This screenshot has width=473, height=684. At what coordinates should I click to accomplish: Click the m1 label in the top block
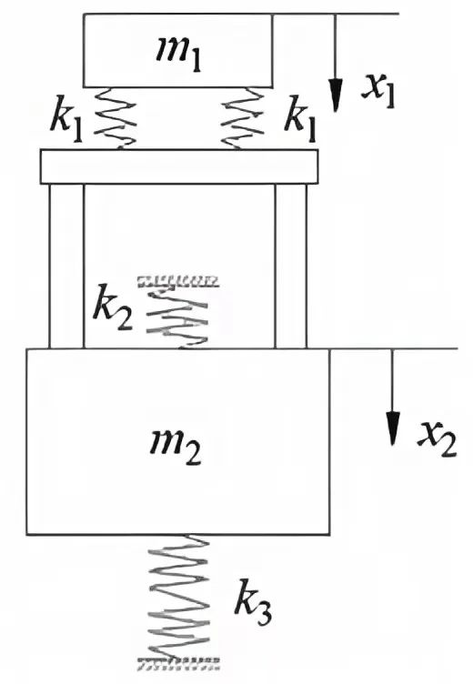(179, 55)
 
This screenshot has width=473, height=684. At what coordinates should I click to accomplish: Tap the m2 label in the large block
(176, 448)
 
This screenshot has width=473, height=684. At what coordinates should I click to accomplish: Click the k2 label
(113, 307)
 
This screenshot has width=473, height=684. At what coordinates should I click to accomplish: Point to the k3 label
(253, 602)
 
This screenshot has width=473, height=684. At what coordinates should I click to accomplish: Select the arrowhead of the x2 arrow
(393, 428)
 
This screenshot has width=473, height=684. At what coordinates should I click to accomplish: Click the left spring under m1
(116, 118)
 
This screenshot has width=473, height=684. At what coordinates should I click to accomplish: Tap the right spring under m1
(243, 118)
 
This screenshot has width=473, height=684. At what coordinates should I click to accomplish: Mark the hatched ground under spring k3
(178, 664)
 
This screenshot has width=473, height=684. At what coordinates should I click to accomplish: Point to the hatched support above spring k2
(178, 282)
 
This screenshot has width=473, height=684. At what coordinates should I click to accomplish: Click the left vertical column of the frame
(66, 267)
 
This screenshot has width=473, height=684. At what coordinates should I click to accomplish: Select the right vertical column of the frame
(291, 267)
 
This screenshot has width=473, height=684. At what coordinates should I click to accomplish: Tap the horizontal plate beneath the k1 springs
(179, 166)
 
